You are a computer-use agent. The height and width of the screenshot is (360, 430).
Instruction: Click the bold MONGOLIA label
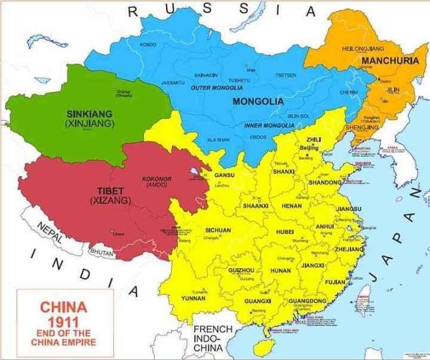coord(257,101)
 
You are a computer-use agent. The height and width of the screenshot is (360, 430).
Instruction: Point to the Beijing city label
coord(308,147)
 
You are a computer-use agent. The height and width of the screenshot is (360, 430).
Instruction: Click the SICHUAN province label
coord(217,230)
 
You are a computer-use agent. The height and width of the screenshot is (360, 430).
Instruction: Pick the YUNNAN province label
coord(194,298)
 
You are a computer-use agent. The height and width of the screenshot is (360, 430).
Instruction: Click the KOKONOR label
coord(156,179)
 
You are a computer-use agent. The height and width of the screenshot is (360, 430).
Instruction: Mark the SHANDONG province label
coord(325,181)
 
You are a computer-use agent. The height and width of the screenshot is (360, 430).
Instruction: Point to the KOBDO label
coord(148,45)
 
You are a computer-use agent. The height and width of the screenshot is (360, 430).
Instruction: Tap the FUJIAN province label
coord(334,281)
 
